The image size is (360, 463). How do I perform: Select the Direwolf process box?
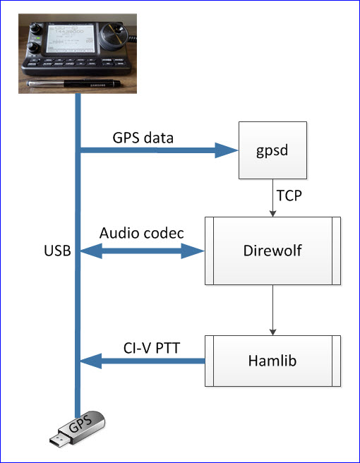pyautogui.click(x=272, y=251)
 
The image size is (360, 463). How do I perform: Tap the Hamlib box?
pyautogui.click(x=272, y=361)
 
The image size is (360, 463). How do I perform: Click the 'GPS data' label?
pyautogui.click(x=144, y=138)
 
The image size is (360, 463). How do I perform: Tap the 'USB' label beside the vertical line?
pyautogui.click(x=56, y=251)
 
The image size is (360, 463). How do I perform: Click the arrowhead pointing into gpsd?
pyautogui.click(x=226, y=149)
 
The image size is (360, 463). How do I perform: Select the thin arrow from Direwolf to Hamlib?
pyautogui.click(x=272, y=311)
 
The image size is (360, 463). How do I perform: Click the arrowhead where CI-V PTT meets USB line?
pyautogui.click(x=89, y=361)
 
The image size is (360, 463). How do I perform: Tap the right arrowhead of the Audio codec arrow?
pyautogui.click(x=195, y=251)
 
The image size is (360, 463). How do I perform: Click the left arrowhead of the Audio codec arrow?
pyautogui.click(x=89, y=251)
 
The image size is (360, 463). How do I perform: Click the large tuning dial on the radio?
pyautogui.click(x=114, y=37)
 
